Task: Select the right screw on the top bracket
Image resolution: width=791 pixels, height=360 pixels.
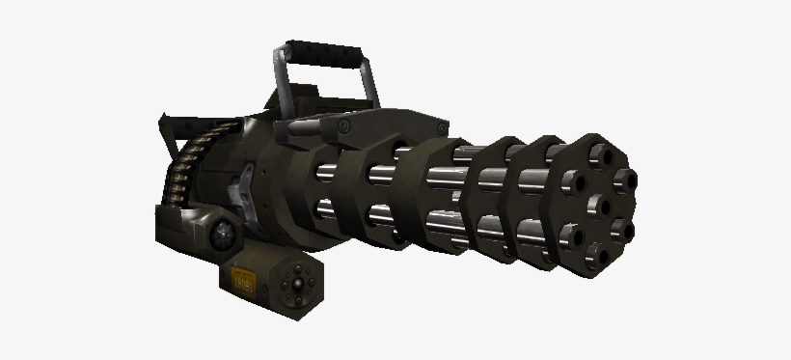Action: (343, 127)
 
